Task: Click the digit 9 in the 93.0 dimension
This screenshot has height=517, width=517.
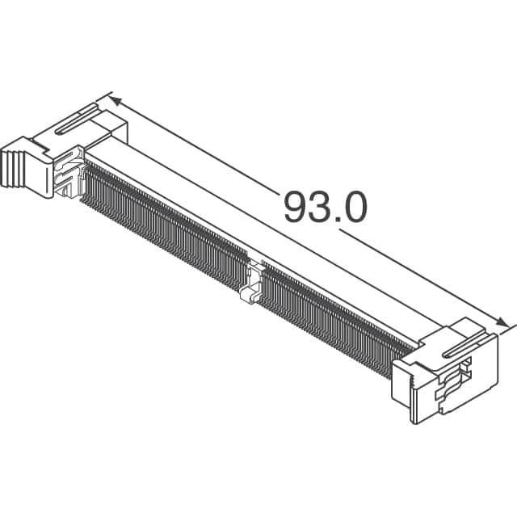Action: pyautogui.click(x=296, y=208)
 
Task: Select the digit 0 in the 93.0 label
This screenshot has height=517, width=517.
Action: pyautogui.click(x=355, y=208)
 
